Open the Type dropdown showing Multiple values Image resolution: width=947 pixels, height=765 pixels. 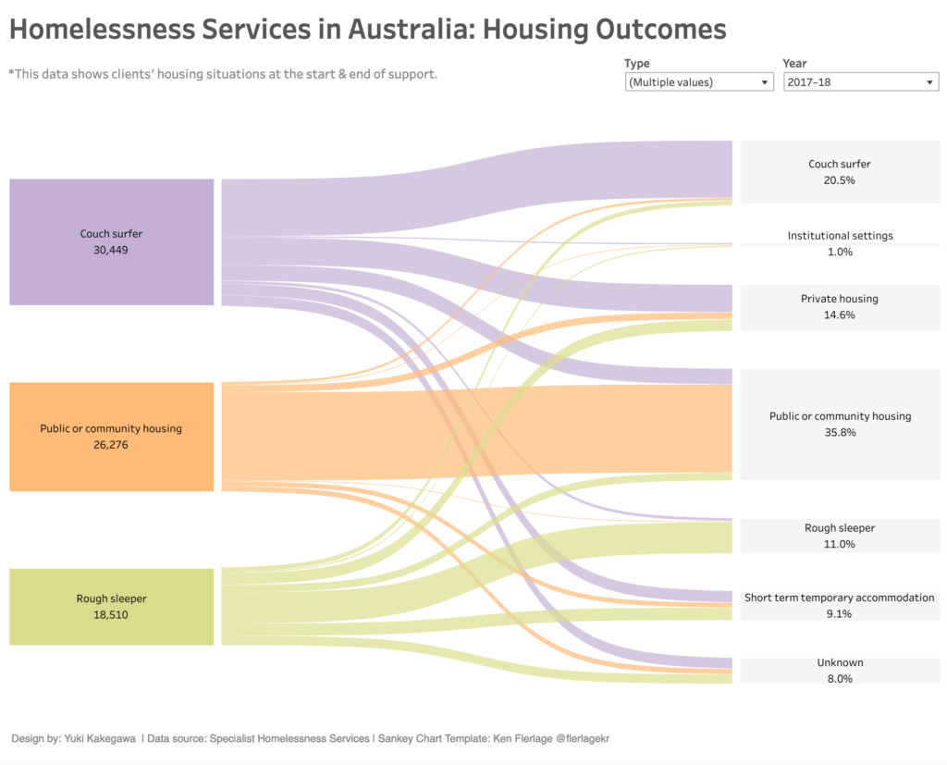pyautogui.click(x=698, y=82)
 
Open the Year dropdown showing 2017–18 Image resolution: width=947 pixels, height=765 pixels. pyautogui.click(x=861, y=82)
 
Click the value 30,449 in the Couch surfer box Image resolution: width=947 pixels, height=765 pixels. pyautogui.click(x=111, y=250)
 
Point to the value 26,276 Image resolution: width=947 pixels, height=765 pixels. pyautogui.click(x=111, y=445)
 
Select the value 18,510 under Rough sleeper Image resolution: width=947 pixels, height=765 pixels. pyautogui.click(x=111, y=614)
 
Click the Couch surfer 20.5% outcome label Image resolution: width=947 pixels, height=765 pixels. pyautogui.click(x=839, y=172)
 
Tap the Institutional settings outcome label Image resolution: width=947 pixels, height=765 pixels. pyautogui.click(x=840, y=236)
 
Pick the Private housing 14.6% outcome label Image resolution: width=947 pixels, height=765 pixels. pyautogui.click(x=839, y=306)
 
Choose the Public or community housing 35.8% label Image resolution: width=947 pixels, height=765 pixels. pyautogui.click(x=840, y=424)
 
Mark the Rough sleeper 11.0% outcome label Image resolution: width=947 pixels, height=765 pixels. pyautogui.click(x=839, y=536)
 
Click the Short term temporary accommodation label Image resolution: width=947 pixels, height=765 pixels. pyautogui.click(x=839, y=598)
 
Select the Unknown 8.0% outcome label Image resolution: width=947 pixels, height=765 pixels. pyautogui.click(x=839, y=671)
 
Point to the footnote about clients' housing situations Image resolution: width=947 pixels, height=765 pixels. pyautogui.click(x=222, y=74)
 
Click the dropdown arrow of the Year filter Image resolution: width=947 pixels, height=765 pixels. pyautogui.click(x=929, y=82)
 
